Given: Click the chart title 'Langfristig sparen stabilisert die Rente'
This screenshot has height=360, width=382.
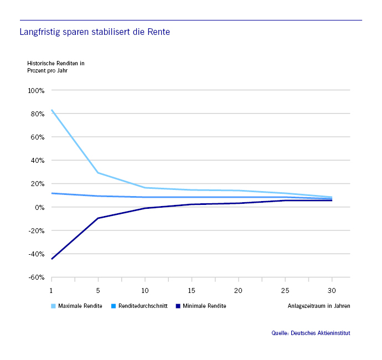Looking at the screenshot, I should [x=95, y=32].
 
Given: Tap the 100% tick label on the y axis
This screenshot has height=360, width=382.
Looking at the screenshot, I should [x=36, y=90].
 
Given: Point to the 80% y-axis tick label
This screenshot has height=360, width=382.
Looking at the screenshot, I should [x=37, y=114].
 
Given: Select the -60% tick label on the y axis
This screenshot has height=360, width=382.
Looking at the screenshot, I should [x=36, y=277].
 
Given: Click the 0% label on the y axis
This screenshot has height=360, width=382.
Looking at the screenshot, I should [x=39, y=207].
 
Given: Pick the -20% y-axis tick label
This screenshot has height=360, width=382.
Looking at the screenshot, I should [x=36, y=230].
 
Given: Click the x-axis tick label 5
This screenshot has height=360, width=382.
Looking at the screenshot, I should [x=98, y=290].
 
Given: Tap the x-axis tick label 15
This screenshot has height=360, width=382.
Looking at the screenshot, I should [x=192, y=290].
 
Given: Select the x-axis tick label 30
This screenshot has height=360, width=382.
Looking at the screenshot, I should [x=332, y=290].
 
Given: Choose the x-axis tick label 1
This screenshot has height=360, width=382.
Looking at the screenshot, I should [x=51, y=290].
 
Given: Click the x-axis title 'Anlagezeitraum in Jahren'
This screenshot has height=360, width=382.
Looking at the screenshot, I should [x=319, y=306].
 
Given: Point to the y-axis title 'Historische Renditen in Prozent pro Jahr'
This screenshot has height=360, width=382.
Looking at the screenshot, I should [x=55, y=67].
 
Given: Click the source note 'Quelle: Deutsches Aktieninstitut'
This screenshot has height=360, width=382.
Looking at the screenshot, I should [x=311, y=333].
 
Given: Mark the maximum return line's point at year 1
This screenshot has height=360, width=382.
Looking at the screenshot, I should [x=51, y=110].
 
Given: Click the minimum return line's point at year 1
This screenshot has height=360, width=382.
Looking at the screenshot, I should [x=51, y=259].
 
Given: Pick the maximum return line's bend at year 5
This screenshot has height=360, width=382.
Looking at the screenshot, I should [x=98, y=173].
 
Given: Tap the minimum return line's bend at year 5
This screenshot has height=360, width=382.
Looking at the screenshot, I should [x=98, y=218].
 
